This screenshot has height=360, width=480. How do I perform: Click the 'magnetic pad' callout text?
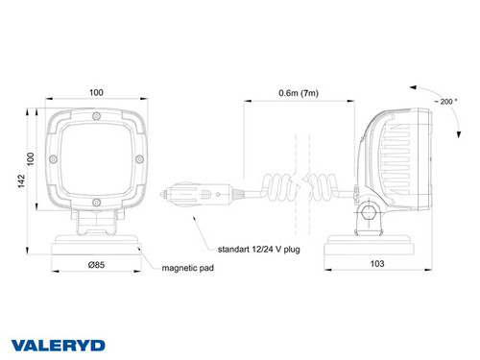(x=187, y=269)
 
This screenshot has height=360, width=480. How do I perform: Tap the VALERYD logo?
(x=57, y=344)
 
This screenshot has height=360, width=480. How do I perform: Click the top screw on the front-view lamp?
(x=99, y=117)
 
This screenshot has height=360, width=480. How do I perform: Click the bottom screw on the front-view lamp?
(x=99, y=201)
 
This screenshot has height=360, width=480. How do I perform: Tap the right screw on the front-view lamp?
(x=140, y=158)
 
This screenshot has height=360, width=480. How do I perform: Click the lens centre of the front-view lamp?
(x=99, y=159)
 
